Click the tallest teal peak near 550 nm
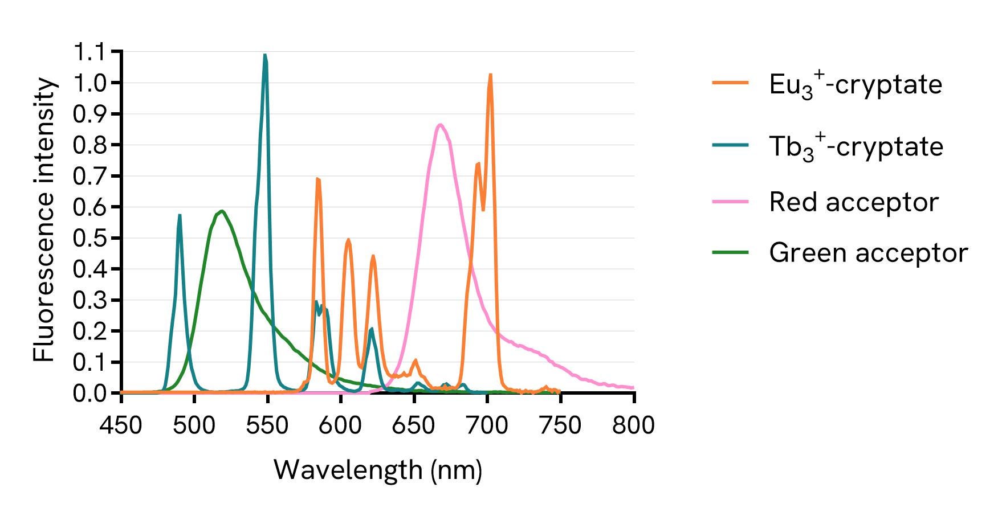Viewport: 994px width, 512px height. [x=265, y=56]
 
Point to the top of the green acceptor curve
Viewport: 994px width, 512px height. [x=222, y=211]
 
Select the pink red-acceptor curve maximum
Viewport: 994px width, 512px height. [x=439, y=125]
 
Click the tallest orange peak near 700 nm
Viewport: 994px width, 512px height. [x=490, y=75]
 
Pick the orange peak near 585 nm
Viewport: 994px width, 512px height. [x=318, y=179]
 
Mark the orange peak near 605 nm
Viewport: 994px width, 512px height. [x=348, y=240]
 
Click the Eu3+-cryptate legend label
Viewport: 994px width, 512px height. [x=855, y=85]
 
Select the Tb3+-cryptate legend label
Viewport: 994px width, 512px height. [x=856, y=147]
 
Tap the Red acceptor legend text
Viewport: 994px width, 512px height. [x=853, y=202]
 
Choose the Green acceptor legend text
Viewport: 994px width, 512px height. [x=868, y=252]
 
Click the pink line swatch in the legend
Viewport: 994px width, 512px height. [x=730, y=202]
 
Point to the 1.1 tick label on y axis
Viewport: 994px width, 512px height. [x=89, y=52]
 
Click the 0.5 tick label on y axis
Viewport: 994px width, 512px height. [x=89, y=238]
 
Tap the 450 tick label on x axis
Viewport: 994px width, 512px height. [x=121, y=425]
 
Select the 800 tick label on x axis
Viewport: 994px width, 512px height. [x=633, y=425]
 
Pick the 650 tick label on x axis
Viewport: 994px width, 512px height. [x=414, y=425]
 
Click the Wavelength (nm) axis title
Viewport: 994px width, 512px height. [x=378, y=470]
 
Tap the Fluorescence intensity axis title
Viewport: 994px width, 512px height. [x=44, y=220]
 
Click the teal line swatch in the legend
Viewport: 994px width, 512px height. [x=730, y=145]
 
